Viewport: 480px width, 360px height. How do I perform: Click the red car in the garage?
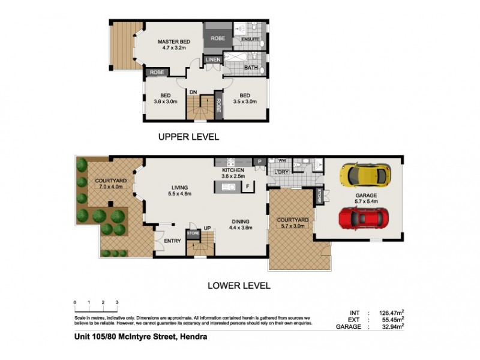coord(361,218)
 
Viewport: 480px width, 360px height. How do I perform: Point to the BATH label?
coord(250,68)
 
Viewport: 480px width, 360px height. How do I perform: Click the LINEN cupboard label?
coord(213,59)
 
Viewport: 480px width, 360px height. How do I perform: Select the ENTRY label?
coord(173,241)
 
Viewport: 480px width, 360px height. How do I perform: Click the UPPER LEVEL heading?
coord(188,137)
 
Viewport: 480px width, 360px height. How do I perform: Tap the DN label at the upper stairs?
coord(193,92)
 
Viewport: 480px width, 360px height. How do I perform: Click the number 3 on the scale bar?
coord(117,302)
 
